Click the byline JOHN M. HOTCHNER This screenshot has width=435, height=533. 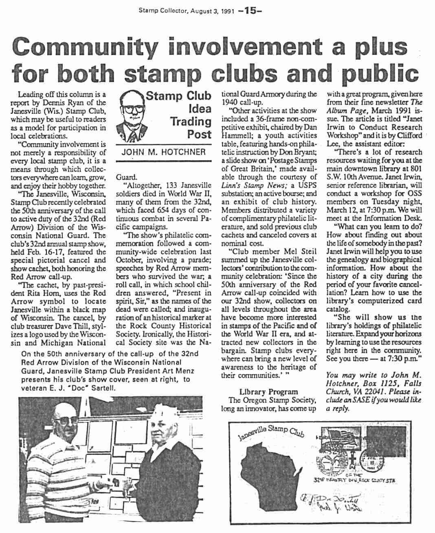click(164, 152)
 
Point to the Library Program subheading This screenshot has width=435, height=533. click(268, 392)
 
